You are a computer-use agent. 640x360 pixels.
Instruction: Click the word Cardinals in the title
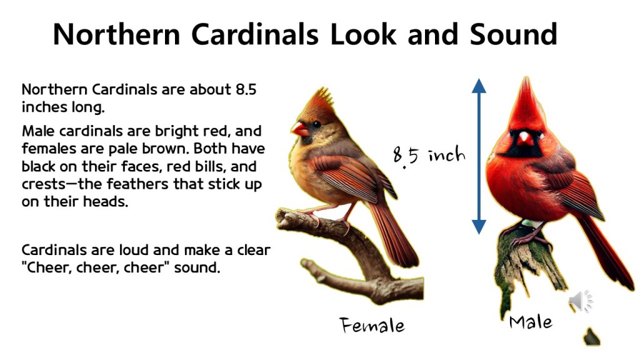tap(255, 34)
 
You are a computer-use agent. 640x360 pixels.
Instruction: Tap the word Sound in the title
tap(513, 34)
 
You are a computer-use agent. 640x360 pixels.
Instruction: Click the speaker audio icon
tap(581, 302)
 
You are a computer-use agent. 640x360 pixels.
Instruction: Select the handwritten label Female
tap(372, 325)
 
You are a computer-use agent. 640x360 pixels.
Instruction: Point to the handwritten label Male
tap(531, 322)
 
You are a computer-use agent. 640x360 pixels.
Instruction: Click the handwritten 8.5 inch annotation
tap(429, 156)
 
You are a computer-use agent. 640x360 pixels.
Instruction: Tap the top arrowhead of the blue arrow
tap(479, 86)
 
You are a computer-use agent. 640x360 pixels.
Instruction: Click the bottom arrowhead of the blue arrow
tap(479, 226)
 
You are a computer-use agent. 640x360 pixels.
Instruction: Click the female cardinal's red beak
tap(299, 129)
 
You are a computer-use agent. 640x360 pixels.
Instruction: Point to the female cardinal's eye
tap(316, 124)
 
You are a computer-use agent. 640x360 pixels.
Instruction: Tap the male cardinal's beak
tap(525, 139)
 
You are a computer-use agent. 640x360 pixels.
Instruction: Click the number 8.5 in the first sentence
tap(246, 89)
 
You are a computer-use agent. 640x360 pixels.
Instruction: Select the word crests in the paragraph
tap(43, 184)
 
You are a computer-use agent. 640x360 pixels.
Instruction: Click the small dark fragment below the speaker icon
tap(591, 337)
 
